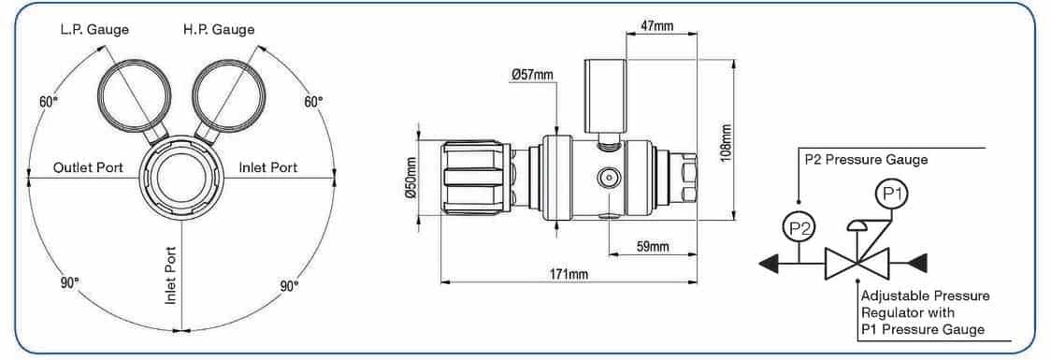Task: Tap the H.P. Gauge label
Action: coord(219,30)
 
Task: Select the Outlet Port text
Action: coord(89,167)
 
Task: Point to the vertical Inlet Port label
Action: coord(172,274)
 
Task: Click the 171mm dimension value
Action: coord(569,274)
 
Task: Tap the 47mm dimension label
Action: coord(656,27)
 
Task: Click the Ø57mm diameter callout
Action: coord(532,75)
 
